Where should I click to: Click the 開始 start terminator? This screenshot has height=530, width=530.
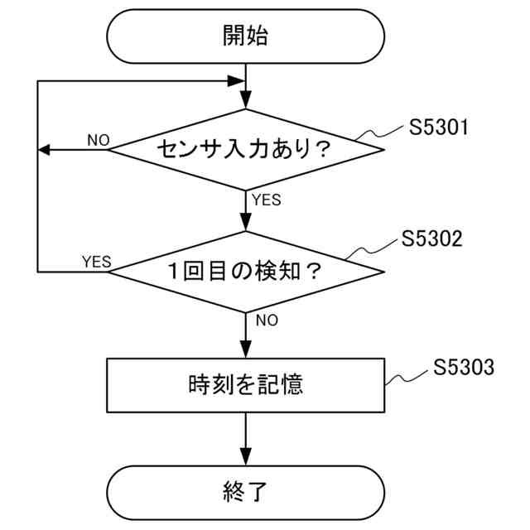tap(247, 36)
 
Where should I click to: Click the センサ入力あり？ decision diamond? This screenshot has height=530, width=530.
tap(247, 150)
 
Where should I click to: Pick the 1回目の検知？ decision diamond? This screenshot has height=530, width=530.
tap(247, 271)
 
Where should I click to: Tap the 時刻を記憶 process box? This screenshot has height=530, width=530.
tap(247, 385)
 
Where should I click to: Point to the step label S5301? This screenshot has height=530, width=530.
tap(440, 128)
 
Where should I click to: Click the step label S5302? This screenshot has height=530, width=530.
tap(431, 239)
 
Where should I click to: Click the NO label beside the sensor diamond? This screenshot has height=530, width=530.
tap(98, 140)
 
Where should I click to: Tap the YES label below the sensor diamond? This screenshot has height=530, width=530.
tap(266, 200)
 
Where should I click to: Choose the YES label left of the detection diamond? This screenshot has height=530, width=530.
tap(96, 262)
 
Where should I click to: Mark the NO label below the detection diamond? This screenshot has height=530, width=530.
tap(267, 320)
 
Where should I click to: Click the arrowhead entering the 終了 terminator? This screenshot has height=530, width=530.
tap(247, 456)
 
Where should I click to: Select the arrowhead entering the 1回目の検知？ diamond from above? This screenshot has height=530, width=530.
tap(247, 223)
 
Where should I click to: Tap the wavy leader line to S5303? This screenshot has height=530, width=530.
tap(408, 376)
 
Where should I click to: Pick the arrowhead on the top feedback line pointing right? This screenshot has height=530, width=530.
tap(238, 81)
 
